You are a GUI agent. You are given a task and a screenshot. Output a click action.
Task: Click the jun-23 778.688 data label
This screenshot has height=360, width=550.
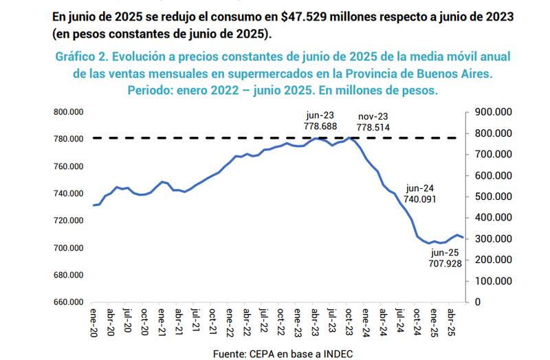click(320, 122)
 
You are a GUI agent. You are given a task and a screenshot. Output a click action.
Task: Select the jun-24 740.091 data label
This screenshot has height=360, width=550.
click(420, 192)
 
